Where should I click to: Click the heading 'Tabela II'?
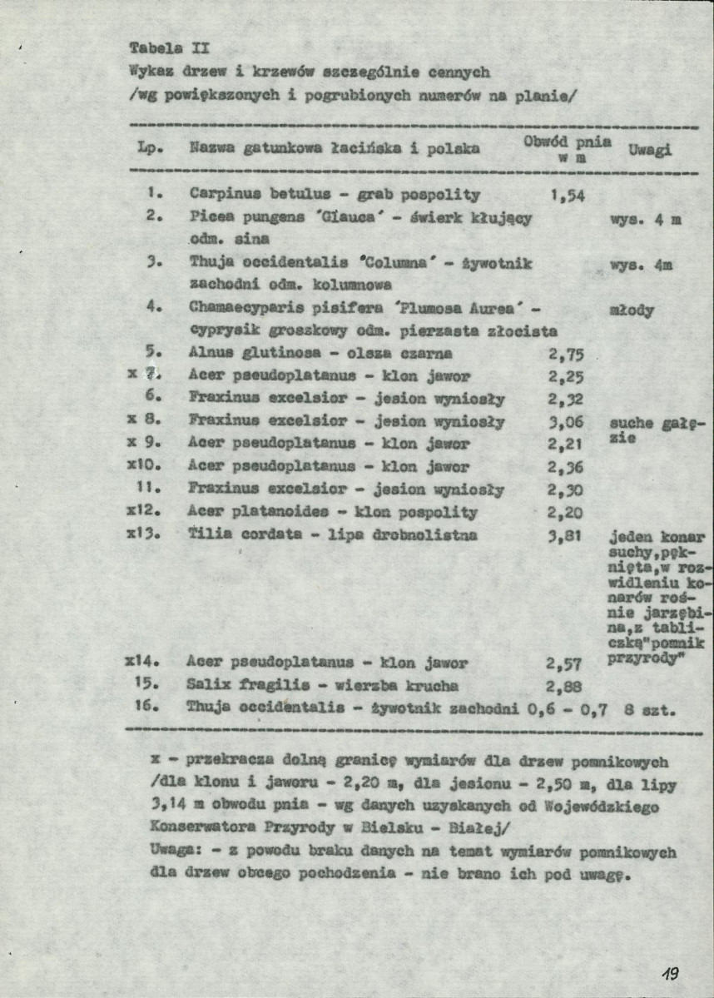point(162,47)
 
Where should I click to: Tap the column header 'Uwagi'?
point(652,150)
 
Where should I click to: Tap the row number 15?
point(148,686)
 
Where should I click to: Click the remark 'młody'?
point(632,311)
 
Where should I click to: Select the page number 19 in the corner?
point(672,971)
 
